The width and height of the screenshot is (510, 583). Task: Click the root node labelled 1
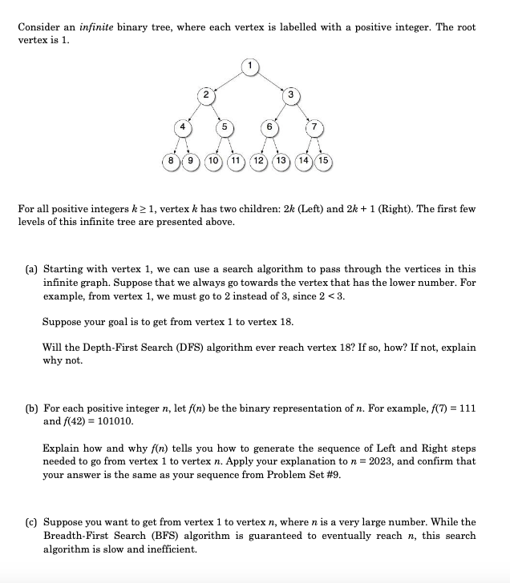[250, 65]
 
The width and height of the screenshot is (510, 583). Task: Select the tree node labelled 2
[206, 95]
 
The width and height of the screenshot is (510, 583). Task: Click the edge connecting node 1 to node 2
[228, 80]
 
